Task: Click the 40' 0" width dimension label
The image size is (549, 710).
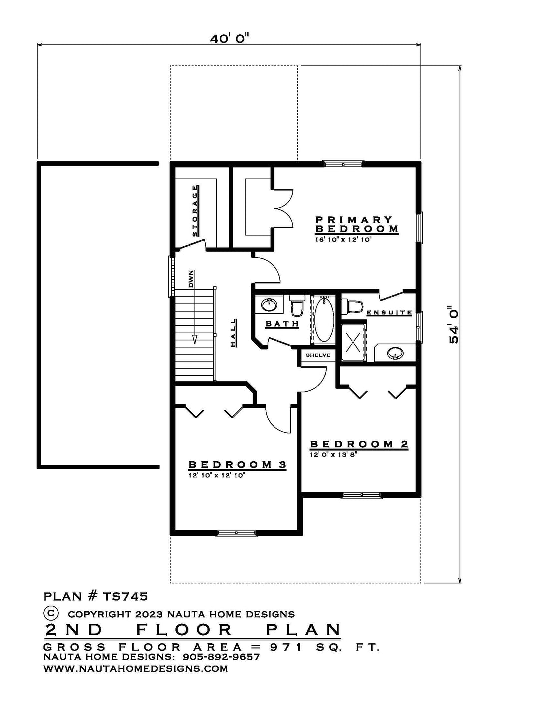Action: click(x=230, y=39)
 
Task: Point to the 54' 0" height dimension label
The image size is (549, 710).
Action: click(x=454, y=325)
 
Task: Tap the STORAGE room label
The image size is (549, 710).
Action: click(x=195, y=211)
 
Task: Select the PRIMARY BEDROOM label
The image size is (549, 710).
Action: click(x=357, y=224)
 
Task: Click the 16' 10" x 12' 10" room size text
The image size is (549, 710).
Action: click(x=344, y=239)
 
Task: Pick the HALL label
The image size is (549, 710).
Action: click(x=233, y=333)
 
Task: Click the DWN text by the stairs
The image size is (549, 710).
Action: click(x=191, y=279)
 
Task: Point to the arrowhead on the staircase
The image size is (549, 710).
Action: click(x=195, y=339)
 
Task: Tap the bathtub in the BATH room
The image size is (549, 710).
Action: click(x=324, y=319)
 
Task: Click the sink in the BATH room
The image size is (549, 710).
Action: click(x=270, y=305)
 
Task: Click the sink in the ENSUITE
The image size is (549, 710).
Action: click(x=395, y=353)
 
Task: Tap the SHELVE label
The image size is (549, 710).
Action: click(x=318, y=355)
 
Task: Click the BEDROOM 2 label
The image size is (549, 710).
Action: click(x=359, y=444)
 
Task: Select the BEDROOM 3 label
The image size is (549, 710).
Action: click(x=238, y=464)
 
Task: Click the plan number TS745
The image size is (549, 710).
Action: click(x=125, y=597)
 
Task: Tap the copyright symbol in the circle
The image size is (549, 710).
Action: click(x=51, y=612)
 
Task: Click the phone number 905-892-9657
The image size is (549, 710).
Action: click(x=221, y=657)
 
